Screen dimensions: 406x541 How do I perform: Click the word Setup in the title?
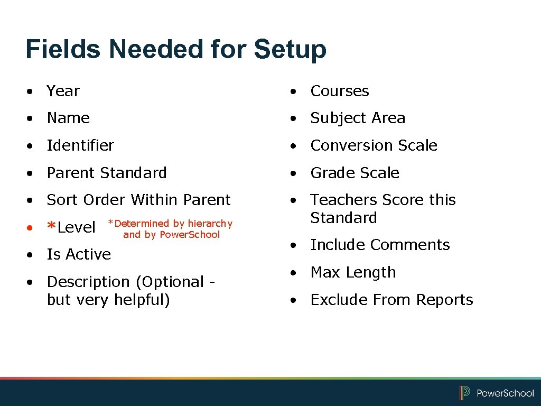coord(290,50)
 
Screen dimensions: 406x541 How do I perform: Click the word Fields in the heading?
coord(63,50)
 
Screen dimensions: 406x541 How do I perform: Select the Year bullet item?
coord(63,91)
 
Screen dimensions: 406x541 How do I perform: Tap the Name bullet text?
coord(68,118)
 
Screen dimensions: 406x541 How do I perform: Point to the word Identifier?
coord(80,145)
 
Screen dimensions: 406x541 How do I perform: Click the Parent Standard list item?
coord(107,173)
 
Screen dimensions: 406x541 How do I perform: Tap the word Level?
coord(77,228)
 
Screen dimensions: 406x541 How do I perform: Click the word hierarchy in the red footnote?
coord(210,224)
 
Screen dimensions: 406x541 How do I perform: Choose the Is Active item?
coord(79,254)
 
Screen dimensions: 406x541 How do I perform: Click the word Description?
coord(88,282)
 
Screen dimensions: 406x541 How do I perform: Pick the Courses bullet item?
coord(340,91)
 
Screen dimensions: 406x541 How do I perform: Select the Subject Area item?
coord(358,118)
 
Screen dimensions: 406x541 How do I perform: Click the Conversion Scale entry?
coord(374,145)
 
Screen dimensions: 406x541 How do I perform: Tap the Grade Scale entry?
coord(355,173)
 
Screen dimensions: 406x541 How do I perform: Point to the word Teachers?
coord(344,200)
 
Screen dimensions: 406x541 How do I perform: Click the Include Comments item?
coord(380,245)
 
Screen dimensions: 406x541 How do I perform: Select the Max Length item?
coord(353,272)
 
